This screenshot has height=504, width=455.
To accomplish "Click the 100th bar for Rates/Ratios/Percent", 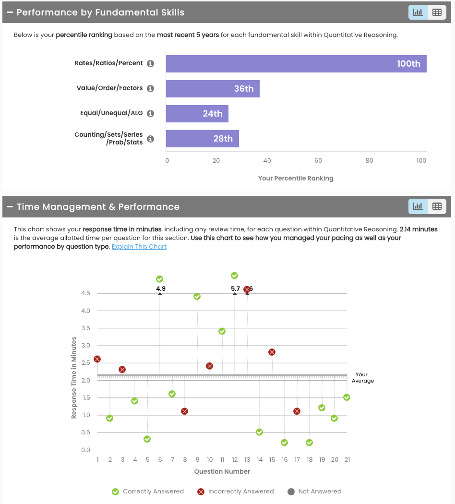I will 296,64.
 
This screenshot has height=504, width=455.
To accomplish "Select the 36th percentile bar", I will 213,89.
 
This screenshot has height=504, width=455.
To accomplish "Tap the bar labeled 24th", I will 197,114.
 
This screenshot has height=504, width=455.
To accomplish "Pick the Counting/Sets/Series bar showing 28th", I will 202,139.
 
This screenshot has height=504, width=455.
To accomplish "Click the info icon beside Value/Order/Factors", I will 150,89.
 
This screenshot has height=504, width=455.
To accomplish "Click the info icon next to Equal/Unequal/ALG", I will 150,114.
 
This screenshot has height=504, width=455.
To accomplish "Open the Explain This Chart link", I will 139,247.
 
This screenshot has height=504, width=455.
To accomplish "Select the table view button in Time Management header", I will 437,206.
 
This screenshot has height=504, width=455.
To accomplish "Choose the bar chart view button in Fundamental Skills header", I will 418,12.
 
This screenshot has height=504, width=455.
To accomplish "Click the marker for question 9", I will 197,297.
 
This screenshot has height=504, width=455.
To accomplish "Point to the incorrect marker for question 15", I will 272,352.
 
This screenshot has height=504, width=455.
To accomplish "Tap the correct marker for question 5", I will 147,439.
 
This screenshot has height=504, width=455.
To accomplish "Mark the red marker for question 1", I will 97,359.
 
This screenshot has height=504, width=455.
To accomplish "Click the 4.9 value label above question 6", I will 160,288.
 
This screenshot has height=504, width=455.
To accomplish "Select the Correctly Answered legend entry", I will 148,492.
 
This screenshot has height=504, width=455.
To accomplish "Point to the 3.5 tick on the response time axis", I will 85,328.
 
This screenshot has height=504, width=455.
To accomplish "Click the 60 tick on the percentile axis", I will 318,161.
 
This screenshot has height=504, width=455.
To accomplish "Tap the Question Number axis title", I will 222,472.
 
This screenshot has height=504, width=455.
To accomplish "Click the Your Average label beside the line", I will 362,378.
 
